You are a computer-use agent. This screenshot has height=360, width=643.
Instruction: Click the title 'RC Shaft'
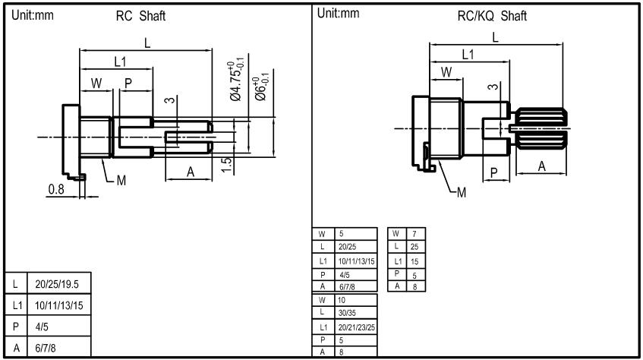[x=140, y=16]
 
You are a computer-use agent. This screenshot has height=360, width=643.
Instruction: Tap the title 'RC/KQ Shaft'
[x=492, y=16]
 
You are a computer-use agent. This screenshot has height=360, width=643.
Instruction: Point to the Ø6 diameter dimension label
[x=261, y=87]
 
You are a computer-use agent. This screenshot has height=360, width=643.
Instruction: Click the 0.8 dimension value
[x=56, y=189]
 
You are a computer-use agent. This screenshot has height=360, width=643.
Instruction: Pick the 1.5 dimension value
[x=226, y=165]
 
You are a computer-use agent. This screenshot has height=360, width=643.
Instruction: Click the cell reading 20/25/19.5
[x=59, y=283]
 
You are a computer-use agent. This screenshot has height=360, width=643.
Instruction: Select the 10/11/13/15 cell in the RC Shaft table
[x=59, y=305]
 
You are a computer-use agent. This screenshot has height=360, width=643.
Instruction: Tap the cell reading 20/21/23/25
[x=356, y=327]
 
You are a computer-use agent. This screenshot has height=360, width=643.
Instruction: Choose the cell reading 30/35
[x=356, y=313]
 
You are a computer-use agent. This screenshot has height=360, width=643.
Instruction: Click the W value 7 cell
[x=416, y=234]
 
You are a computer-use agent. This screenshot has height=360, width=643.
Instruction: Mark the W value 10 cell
[x=356, y=300]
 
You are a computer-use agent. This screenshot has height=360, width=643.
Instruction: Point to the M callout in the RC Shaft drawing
[x=121, y=180]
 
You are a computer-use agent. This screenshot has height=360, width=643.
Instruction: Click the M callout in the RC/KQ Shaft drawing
[x=462, y=192]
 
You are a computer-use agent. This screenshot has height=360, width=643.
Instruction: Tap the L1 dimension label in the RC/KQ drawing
[x=468, y=54]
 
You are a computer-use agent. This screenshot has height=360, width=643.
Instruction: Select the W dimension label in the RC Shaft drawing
[x=96, y=83]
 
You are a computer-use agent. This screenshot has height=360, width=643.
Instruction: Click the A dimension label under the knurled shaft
[x=542, y=166]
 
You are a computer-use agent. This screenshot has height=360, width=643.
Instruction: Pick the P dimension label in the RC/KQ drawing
[x=494, y=173]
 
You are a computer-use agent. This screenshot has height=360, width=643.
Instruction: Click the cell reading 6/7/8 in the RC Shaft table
[x=59, y=348]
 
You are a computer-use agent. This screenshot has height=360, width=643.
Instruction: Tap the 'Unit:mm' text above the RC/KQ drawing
[x=339, y=14]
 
